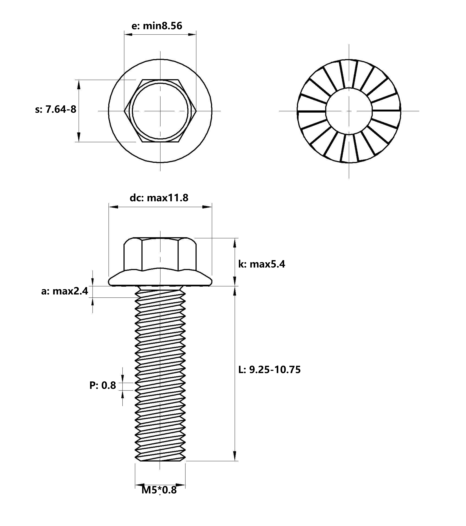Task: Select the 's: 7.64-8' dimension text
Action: click(x=56, y=109)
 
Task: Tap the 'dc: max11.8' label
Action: click(x=159, y=198)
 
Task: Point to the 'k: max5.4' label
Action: click(x=261, y=264)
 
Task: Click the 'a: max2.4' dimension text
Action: click(x=65, y=291)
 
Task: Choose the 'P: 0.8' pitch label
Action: click(x=103, y=386)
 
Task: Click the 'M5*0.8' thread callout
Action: click(x=159, y=490)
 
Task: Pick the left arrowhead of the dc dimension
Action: click(x=113, y=207)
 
